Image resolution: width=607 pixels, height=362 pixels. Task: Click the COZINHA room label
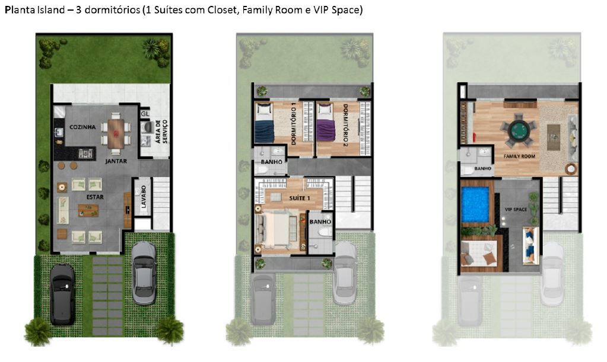82,127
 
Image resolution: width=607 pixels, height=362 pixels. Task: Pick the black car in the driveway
62,294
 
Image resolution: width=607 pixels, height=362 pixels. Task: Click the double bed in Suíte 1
278,229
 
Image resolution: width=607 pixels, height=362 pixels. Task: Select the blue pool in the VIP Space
475,204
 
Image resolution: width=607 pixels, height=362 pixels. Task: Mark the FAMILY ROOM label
519,156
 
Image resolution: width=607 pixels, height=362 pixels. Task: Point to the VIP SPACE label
516,210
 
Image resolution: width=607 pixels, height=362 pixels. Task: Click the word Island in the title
50,11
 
